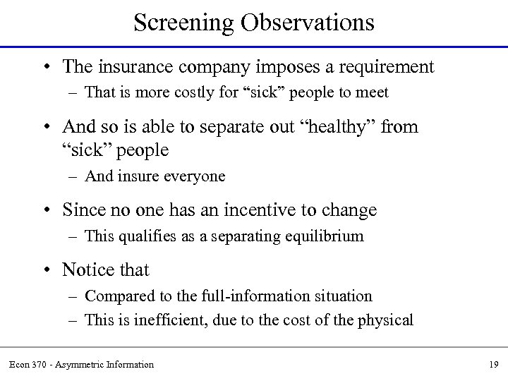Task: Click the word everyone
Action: coord(193,176)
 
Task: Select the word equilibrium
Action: coord(329,236)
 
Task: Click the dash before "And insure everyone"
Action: coord(74,176)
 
